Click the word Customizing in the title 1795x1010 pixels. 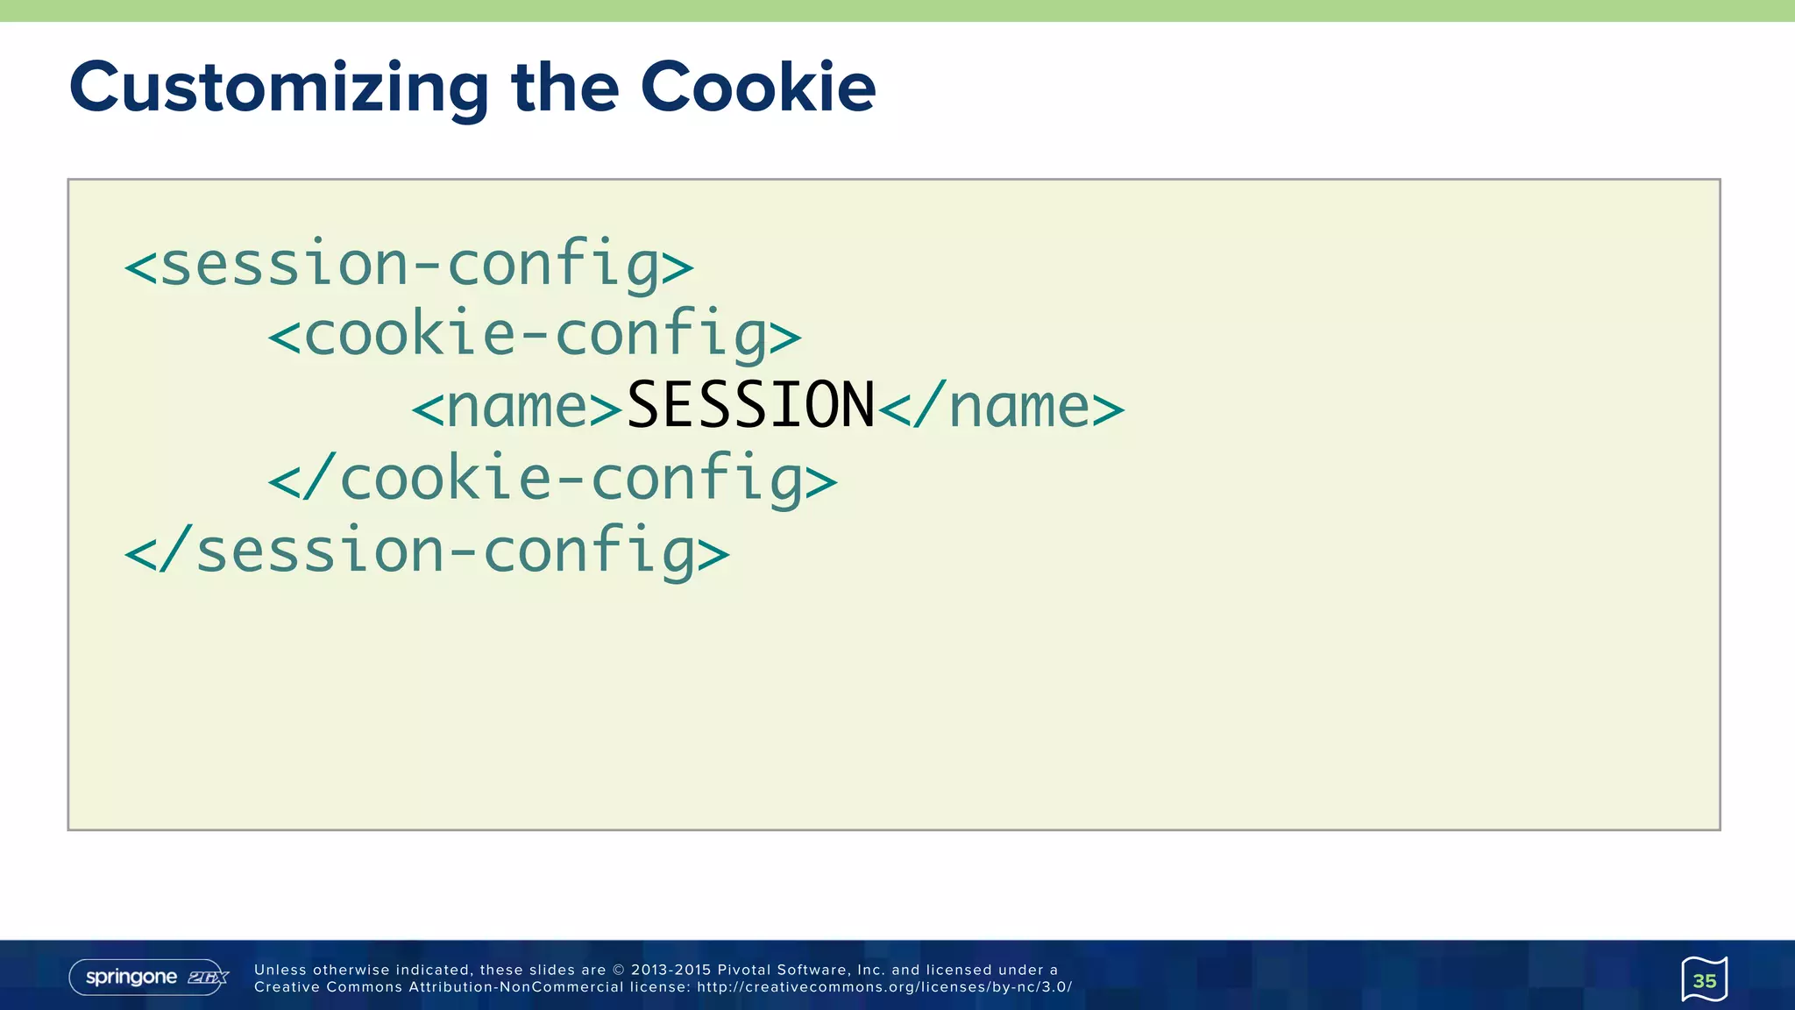point(279,89)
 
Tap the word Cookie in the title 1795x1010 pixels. point(758,88)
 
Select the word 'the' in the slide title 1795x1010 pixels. point(565,88)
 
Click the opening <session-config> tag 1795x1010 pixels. point(408,264)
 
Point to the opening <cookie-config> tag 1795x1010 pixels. point(534,336)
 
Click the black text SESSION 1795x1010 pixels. point(751,406)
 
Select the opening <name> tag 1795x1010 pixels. point(517,408)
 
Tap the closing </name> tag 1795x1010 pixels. point(1001,408)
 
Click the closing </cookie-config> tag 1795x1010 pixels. point(552,480)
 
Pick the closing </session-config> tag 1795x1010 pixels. point(427,551)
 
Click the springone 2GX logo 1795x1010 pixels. point(148,978)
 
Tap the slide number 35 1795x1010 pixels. point(1704,980)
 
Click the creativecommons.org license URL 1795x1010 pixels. point(884,987)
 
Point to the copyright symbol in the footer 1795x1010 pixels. point(618,970)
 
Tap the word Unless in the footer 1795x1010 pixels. point(280,970)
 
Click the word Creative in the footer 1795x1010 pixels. point(287,987)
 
